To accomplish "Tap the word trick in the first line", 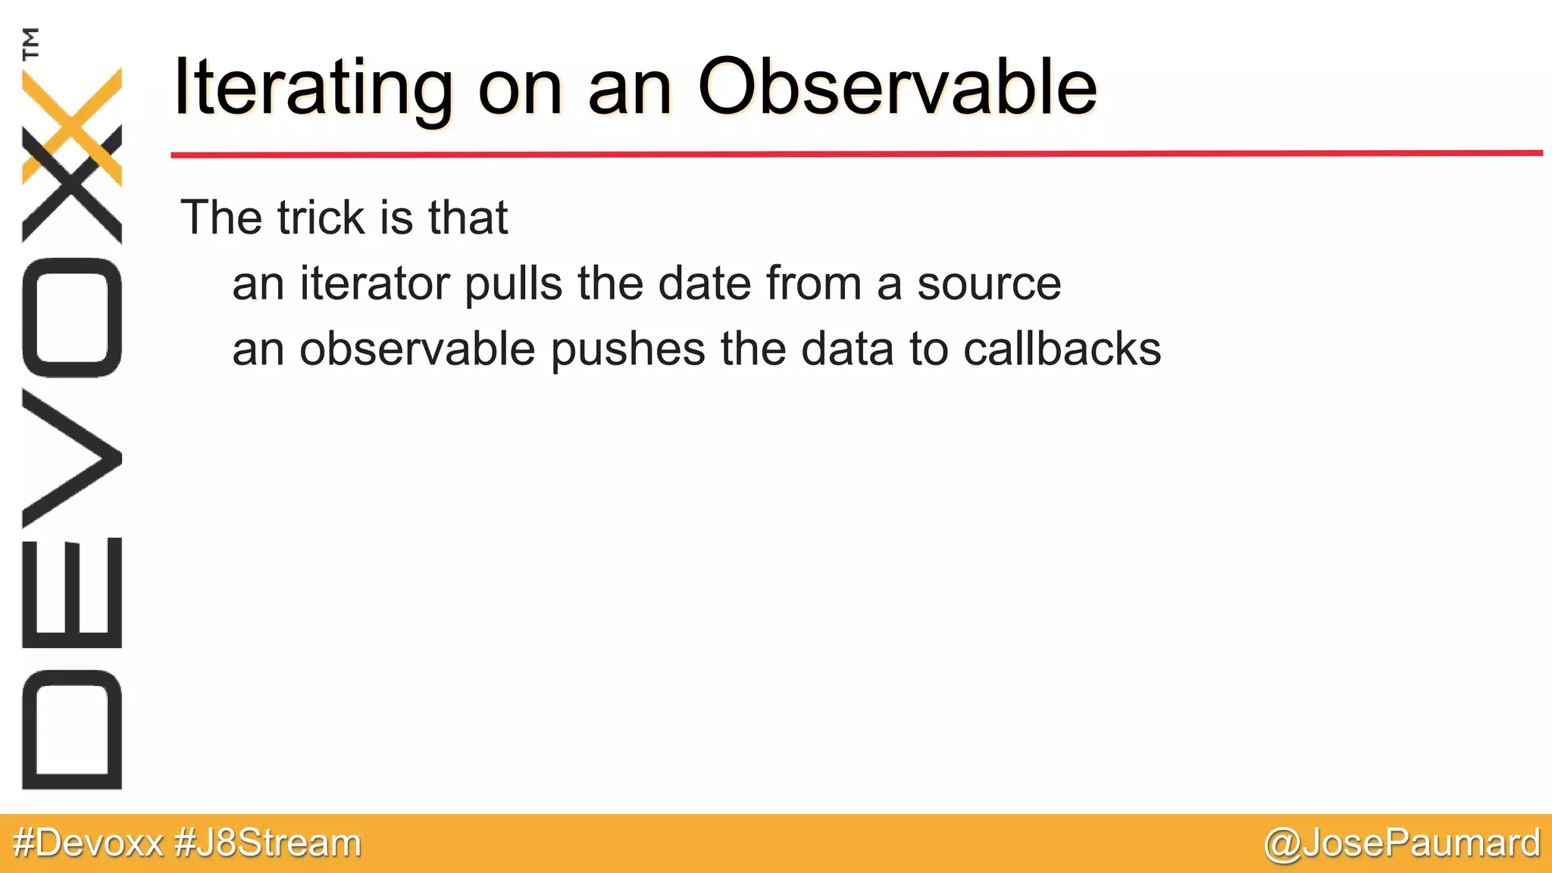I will [x=321, y=218].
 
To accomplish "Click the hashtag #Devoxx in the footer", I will [x=89, y=843].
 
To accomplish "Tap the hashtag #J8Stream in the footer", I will [x=268, y=843].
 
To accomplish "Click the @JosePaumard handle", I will [x=1402, y=843].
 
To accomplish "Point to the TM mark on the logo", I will [x=31, y=43].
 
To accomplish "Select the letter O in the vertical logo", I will [x=72, y=318].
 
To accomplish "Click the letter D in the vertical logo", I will [x=72, y=730].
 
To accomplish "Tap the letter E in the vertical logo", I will [x=72, y=593].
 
